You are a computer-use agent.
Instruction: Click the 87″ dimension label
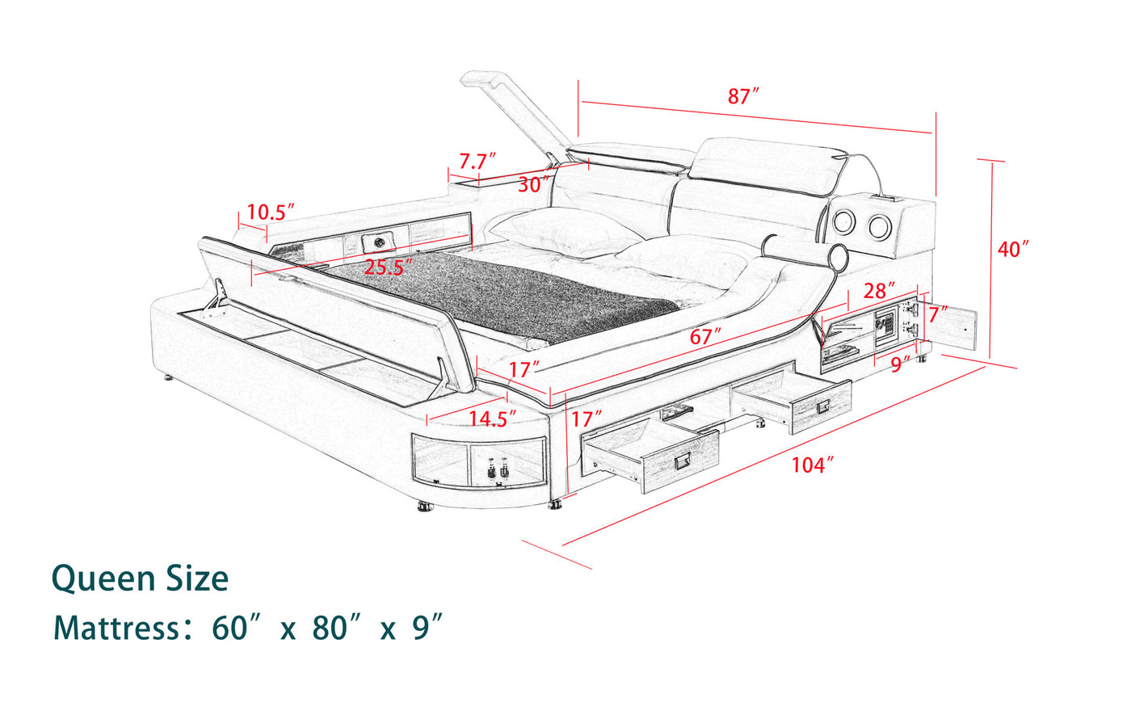(x=743, y=96)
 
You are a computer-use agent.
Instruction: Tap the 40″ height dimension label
(x=1013, y=250)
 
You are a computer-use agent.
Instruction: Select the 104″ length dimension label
(x=812, y=465)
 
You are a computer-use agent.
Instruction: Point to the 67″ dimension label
(x=705, y=336)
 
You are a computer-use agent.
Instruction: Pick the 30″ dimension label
(x=534, y=185)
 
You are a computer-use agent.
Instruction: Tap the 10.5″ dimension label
(x=270, y=212)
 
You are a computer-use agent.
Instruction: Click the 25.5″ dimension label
(x=389, y=267)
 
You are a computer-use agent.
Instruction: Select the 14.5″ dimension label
(x=493, y=419)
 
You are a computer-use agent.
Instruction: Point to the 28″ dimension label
(x=879, y=291)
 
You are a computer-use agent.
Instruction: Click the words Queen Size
(x=141, y=579)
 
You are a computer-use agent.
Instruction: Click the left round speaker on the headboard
(x=843, y=221)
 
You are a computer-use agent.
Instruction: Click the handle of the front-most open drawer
(x=683, y=461)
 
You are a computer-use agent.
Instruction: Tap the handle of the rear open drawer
(x=823, y=406)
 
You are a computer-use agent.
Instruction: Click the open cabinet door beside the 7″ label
(x=947, y=330)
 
